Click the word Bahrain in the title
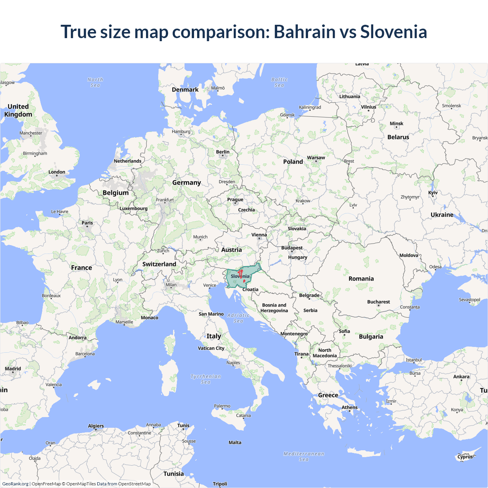pos(304,32)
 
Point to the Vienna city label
pos(259,235)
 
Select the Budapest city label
pos(292,248)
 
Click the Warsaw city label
pos(316,157)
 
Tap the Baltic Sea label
pos(279,82)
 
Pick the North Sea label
pos(95,82)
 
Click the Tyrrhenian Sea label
pos(205,379)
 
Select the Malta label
pos(235,443)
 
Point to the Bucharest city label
pos(378,302)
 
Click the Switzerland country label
pos(159,264)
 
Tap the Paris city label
pos(87,223)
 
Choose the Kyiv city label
pos(433,193)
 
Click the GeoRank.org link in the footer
pos(15,484)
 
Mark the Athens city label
pos(349,407)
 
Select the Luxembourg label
pos(133,209)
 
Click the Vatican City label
pos(211,348)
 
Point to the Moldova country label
pos(409,255)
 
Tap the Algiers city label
pos(96,426)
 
